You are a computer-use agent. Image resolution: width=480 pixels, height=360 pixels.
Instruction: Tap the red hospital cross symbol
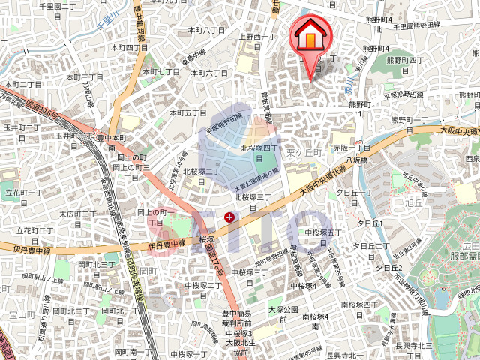coord(229,217)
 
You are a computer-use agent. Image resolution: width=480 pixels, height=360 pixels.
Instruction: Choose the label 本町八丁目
coord(206,30)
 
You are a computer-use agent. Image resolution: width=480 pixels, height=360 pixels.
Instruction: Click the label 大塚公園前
coord(283,313)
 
